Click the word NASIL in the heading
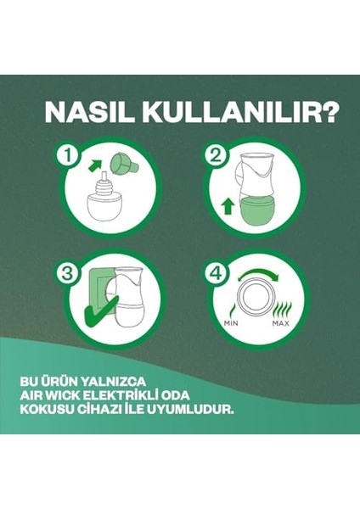87,113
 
